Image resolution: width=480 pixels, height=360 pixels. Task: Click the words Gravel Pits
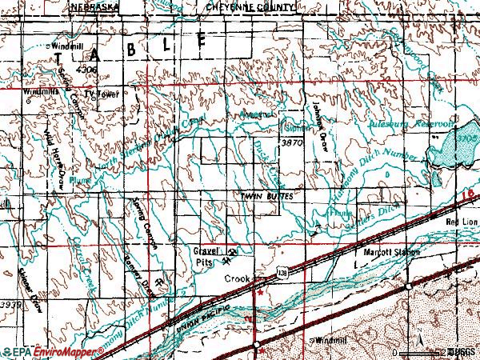[x=206, y=255]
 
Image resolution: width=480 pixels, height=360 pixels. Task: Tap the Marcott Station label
[x=387, y=253]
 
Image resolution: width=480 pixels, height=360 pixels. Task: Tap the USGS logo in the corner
[x=462, y=351]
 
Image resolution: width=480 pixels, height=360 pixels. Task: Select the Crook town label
[x=234, y=278]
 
